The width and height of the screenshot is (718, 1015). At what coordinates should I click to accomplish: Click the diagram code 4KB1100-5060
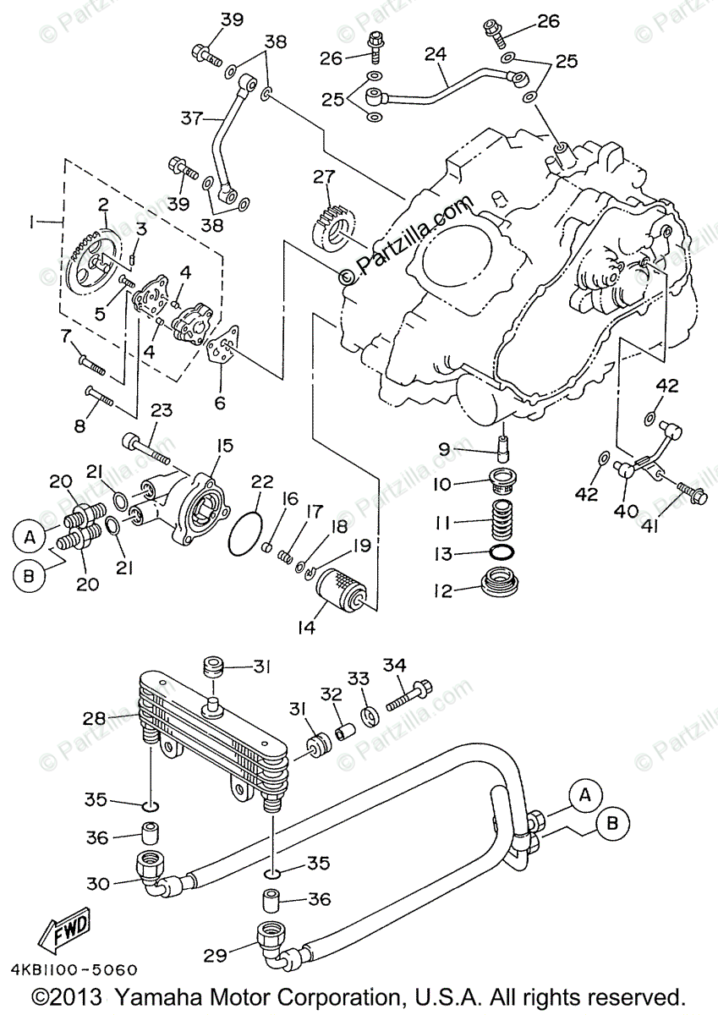tap(72, 970)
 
